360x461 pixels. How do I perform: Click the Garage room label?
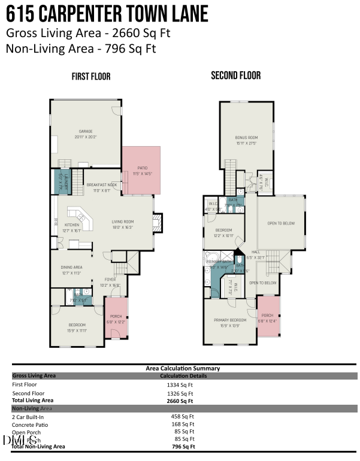pyautogui.click(x=86, y=134)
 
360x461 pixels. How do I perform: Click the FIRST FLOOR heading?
pyautogui.click(x=90, y=77)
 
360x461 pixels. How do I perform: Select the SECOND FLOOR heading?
pyautogui.click(x=235, y=76)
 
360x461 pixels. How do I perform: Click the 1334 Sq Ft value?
pyautogui.click(x=180, y=385)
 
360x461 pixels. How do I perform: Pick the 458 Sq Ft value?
pyautogui.click(x=181, y=416)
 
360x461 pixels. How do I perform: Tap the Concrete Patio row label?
pyautogui.click(x=29, y=423)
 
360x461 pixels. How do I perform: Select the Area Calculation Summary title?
pyautogui.click(x=183, y=368)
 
